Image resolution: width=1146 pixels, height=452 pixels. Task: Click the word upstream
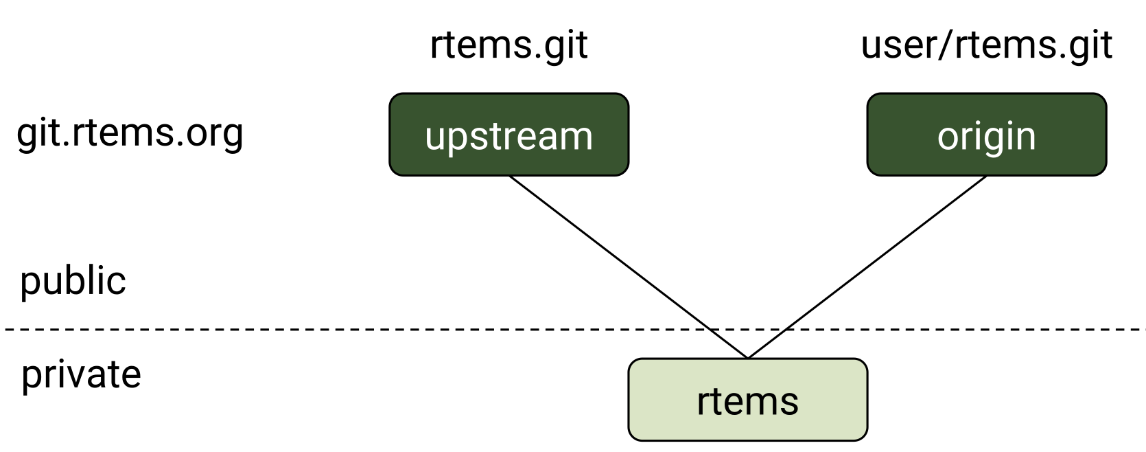508,136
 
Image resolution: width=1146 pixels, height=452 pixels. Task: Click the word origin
986,136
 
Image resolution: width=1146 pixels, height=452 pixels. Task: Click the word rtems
747,401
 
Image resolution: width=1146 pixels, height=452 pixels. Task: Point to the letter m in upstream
575,137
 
